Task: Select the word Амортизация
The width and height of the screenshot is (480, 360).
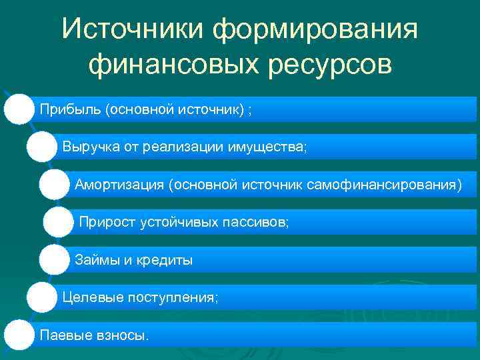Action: (120, 184)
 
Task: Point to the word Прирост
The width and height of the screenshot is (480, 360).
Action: (107, 222)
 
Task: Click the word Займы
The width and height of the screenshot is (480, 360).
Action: (94, 260)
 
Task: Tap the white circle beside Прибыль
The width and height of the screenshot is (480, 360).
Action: (19, 109)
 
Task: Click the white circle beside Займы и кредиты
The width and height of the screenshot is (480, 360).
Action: (54, 259)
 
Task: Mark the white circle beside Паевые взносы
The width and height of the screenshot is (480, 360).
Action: (19, 334)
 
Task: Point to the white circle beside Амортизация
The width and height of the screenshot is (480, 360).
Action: (54, 184)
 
